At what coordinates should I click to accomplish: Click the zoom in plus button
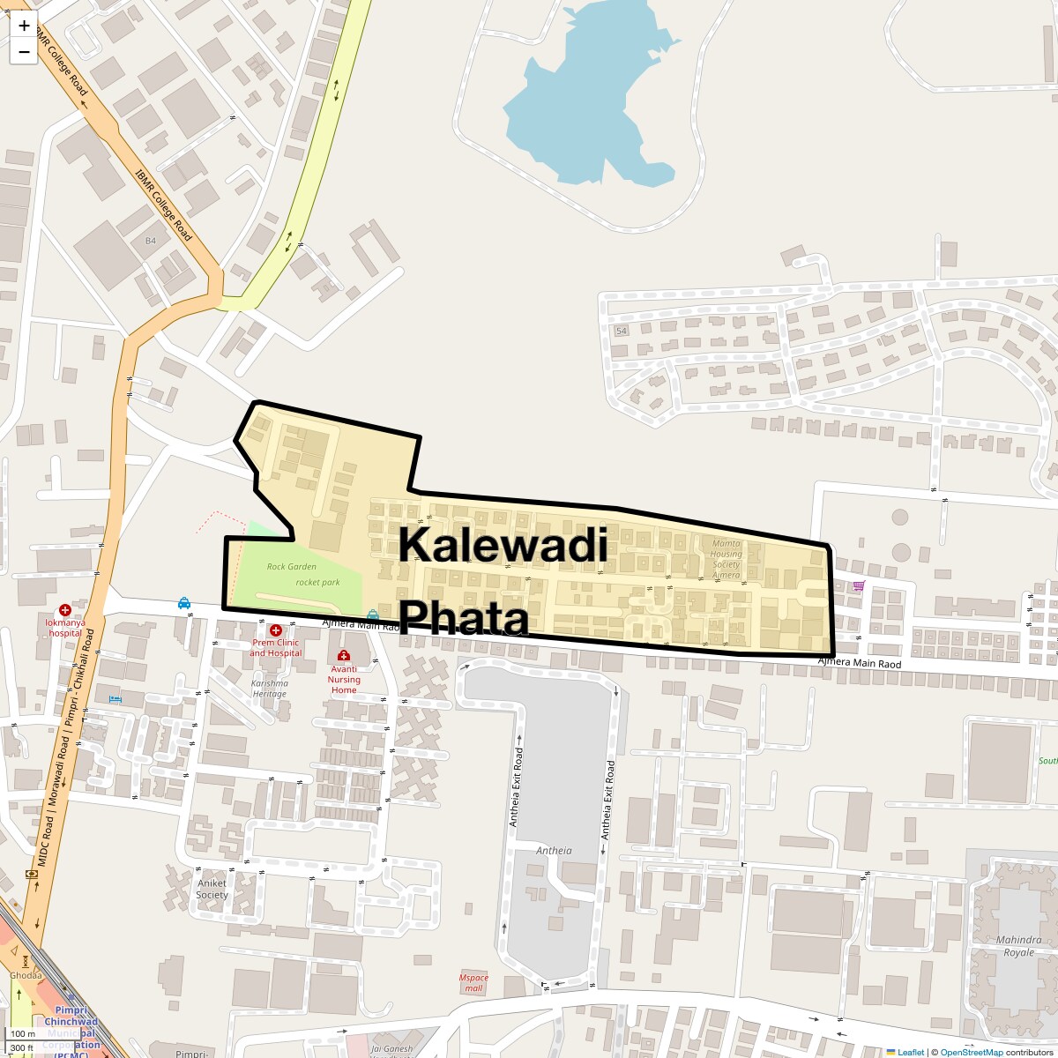tap(24, 26)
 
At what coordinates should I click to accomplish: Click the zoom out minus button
tap(24, 52)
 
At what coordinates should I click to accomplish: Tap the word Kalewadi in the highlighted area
tap(503, 545)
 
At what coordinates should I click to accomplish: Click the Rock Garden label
tap(291, 566)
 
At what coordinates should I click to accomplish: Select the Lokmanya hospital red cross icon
tap(65, 610)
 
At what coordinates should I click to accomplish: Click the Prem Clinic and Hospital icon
tap(275, 630)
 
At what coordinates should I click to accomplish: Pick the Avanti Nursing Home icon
tap(344, 656)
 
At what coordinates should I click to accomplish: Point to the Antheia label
tap(554, 851)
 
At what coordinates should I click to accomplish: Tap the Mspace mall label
tap(473, 982)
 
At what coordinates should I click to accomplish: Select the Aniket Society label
tap(212, 889)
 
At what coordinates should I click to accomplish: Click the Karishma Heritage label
tap(269, 688)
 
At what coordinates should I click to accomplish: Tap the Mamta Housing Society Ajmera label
tap(726, 559)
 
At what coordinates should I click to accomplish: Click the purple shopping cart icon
tap(859, 585)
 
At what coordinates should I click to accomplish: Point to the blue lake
tap(582, 106)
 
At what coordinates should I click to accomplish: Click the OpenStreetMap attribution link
tap(971, 1052)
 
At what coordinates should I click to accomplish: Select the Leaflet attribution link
tap(911, 1052)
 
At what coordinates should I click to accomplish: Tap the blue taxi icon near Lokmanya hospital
tap(183, 603)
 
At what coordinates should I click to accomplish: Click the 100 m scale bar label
tap(22, 1034)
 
